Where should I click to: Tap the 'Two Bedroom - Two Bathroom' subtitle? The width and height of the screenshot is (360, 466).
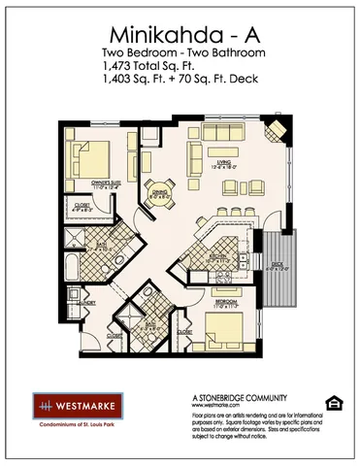click(180, 50)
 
